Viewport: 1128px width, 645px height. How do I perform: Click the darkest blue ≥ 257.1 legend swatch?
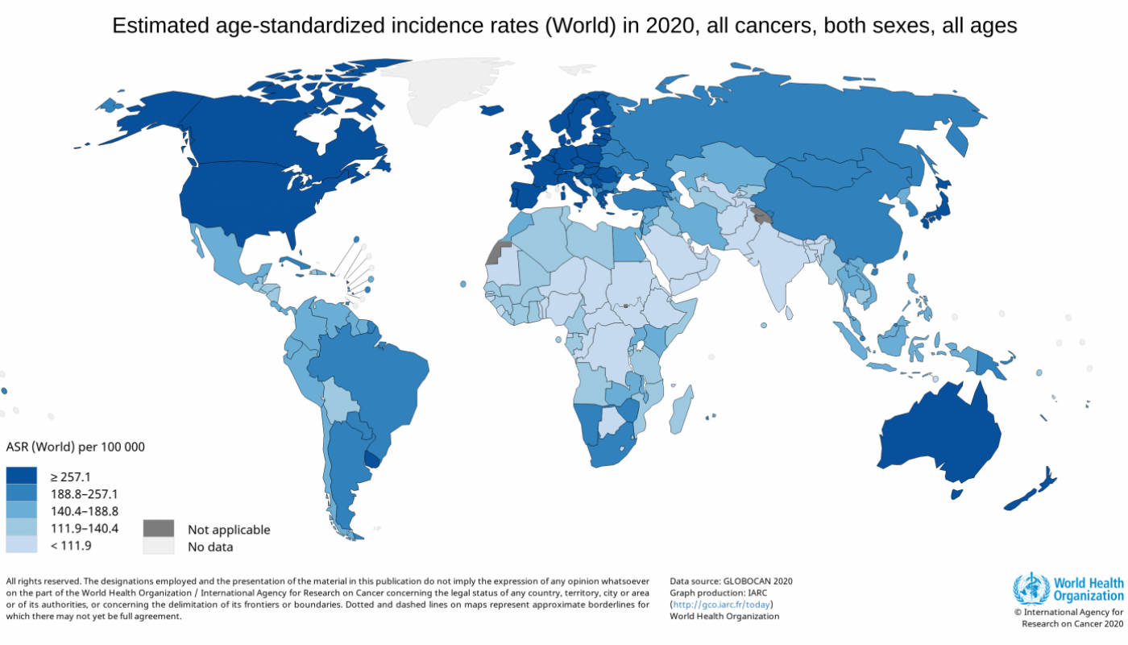point(21,476)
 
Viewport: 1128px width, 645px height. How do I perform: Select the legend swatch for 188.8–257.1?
point(21,493)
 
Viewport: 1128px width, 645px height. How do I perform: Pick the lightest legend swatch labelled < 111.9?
point(21,545)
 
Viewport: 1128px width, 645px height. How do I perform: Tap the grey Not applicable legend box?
point(159,529)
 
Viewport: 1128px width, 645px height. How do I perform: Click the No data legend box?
point(159,547)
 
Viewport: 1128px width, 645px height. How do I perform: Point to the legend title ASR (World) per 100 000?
point(75,447)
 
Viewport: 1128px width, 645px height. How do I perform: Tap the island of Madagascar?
point(682,407)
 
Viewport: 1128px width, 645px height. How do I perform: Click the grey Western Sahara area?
point(500,253)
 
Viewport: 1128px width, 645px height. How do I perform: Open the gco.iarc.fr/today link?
point(721,604)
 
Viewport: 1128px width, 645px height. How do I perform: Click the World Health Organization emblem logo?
point(1031,589)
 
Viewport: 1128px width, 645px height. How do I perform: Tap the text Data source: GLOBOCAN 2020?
point(731,580)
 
